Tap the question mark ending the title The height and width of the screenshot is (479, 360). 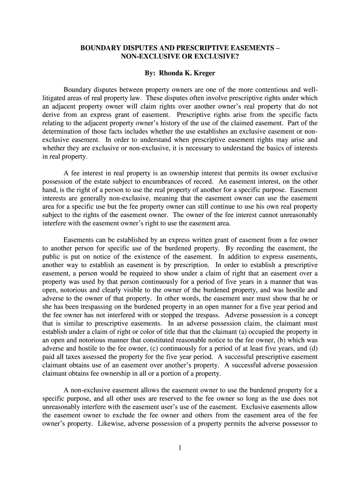coord(238,56)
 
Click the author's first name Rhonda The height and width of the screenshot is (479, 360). coord(174,73)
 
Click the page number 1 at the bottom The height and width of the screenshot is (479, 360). coord(180,448)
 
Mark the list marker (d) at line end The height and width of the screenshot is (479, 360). coord(313,349)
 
